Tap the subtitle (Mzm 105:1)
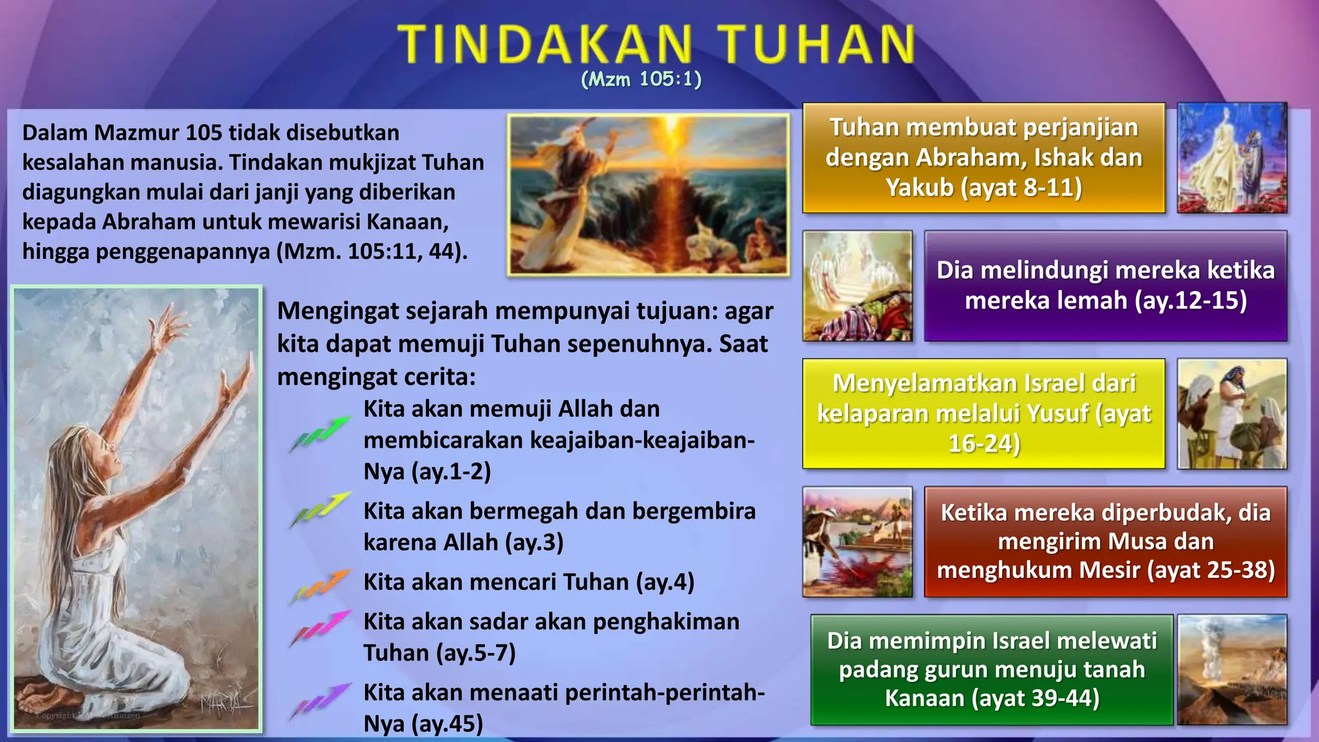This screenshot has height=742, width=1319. (641, 79)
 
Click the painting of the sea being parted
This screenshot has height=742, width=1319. (648, 195)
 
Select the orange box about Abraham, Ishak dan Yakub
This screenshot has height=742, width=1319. (983, 158)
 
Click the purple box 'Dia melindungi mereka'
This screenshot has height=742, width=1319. (1105, 285)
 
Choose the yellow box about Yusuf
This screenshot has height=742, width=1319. (983, 414)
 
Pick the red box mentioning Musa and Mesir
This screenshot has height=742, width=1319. (1105, 542)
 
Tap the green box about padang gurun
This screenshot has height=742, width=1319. (991, 669)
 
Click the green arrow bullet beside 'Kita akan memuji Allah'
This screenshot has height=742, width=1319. (321, 433)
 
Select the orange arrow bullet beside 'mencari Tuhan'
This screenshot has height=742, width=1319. (321, 585)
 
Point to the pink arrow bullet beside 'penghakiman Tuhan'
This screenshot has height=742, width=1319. (321, 627)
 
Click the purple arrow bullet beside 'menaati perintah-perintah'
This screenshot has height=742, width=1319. (321, 700)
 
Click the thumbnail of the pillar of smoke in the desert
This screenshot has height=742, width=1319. (1231, 669)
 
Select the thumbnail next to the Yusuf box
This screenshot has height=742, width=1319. (1231, 414)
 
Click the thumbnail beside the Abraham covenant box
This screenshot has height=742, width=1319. (1231, 158)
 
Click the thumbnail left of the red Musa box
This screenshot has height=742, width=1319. (857, 542)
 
